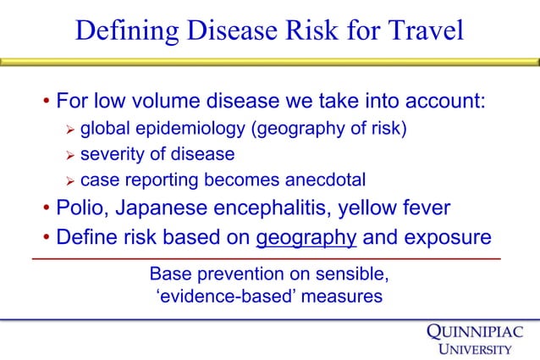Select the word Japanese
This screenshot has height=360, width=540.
(169, 208)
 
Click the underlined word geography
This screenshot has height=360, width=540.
(306, 237)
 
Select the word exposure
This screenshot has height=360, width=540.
(446, 237)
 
